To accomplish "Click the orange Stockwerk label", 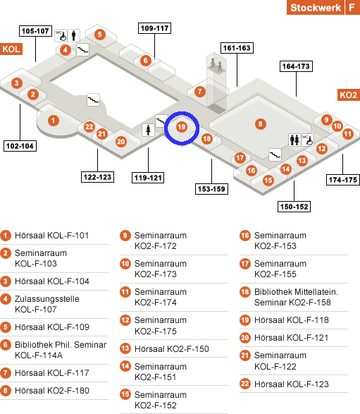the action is point(316,7).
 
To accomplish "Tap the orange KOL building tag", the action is point(11,49).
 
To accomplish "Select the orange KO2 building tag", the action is point(349,95).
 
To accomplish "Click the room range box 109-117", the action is point(154,28).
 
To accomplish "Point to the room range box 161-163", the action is point(237,48).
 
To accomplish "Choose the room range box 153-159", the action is point(211,189).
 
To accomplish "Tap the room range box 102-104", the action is point(20,146).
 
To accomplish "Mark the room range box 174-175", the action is point(343,180).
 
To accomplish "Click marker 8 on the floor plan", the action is point(260,124).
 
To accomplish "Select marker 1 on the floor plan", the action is point(54,121).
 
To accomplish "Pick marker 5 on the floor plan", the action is point(100,35).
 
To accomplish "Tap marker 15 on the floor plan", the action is point(268,181).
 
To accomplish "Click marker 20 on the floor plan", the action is point(120,142).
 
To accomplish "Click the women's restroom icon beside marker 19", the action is point(148,130).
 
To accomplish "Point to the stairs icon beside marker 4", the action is point(83,49).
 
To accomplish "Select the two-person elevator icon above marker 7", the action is point(216,65).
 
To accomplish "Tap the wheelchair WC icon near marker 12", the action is point(307,140).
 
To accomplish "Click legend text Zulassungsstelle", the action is point(47,299).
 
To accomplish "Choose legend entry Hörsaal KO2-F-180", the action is point(52,391).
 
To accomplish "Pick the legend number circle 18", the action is point(245,292).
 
